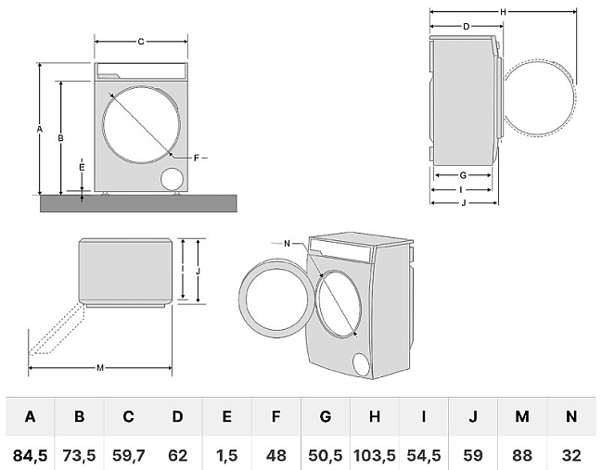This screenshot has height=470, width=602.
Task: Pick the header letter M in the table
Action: click(522, 417)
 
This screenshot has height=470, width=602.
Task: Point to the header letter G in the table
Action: click(326, 417)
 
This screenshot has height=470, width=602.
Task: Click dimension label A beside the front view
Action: click(40, 130)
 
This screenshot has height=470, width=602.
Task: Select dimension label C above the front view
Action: click(141, 42)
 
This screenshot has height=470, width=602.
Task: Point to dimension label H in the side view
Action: click(502, 11)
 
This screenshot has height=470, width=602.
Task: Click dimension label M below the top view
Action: click(100, 368)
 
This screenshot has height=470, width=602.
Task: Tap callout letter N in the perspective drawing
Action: click(288, 243)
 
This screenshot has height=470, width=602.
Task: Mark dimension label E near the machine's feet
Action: click(82, 168)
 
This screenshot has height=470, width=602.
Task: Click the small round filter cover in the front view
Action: click(173, 178)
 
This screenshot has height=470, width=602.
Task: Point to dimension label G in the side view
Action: click(462, 175)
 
